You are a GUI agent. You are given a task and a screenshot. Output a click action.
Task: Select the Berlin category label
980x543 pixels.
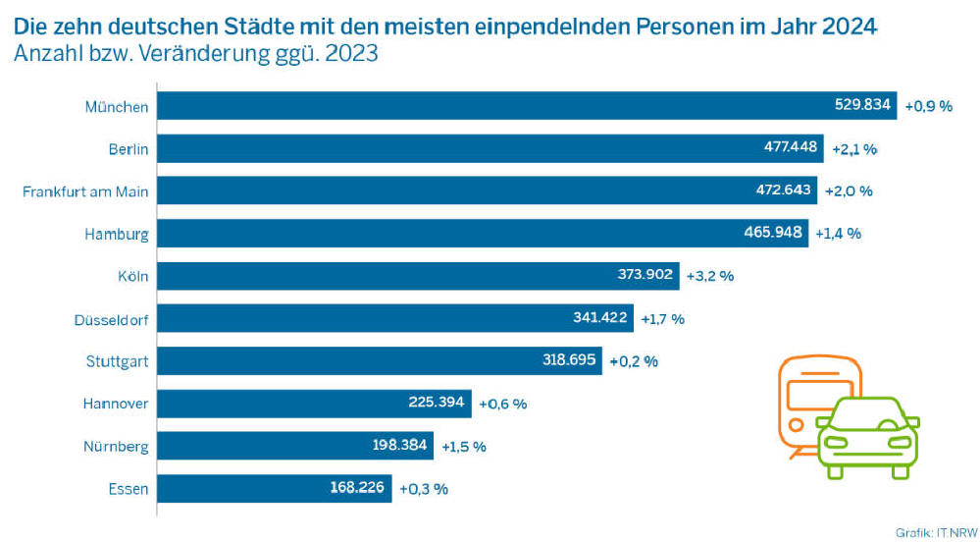(x=129, y=149)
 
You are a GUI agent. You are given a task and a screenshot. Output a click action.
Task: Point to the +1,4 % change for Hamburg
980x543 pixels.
(x=838, y=234)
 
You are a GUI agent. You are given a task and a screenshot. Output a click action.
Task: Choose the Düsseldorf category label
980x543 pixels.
(x=111, y=319)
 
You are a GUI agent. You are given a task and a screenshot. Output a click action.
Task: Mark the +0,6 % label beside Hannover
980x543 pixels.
(x=502, y=404)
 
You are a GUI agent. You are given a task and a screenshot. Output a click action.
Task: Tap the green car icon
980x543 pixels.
(x=867, y=438)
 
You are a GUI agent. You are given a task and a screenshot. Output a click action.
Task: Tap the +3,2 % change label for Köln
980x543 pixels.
(x=710, y=276)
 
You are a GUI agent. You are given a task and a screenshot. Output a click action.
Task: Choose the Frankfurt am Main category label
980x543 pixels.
(x=85, y=191)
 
